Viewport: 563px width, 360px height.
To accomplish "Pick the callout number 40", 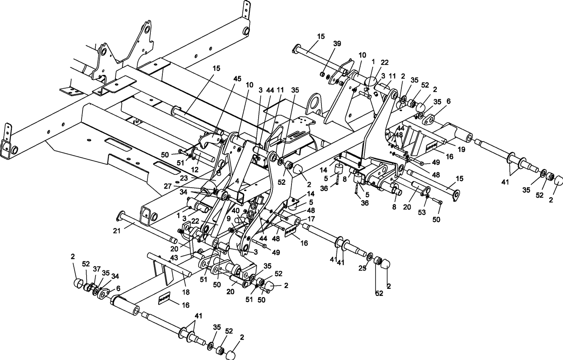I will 236,211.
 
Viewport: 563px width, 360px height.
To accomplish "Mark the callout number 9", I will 228,218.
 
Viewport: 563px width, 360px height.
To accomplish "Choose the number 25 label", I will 362,268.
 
